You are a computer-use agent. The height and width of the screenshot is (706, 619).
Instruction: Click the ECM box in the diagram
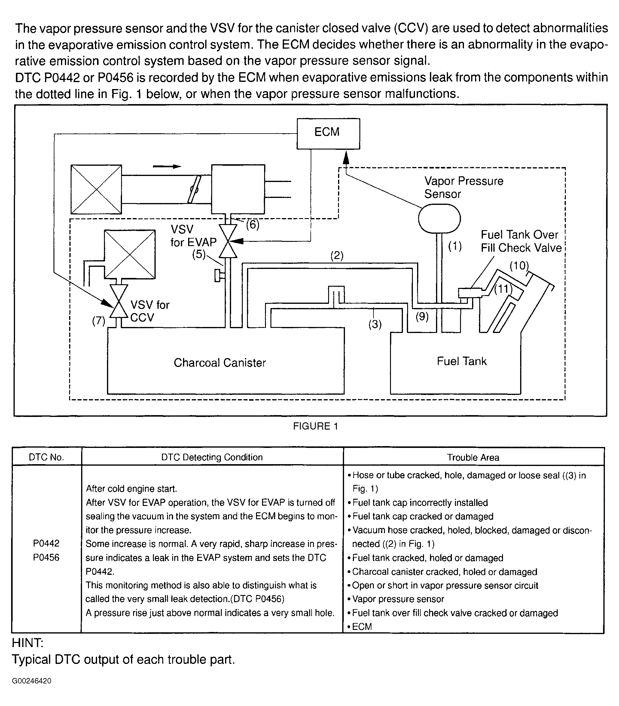pyautogui.click(x=328, y=133)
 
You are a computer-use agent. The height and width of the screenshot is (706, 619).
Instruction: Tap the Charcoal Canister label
pyautogui.click(x=220, y=363)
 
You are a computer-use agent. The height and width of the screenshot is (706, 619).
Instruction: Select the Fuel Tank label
pyautogui.click(x=462, y=361)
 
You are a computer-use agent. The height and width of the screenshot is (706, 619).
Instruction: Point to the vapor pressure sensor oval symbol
pyautogui.click(x=439, y=219)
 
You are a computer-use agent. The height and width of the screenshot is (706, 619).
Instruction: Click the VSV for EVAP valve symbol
pyautogui.click(x=228, y=241)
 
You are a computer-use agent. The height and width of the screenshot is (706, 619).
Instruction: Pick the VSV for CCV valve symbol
pyautogui.click(x=119, y=301)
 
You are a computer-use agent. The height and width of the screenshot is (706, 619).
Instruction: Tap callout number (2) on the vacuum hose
pyautogui.click(x=337, y=256)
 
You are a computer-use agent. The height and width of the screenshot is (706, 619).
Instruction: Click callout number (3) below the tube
pyautogui.click(x=375, y=324)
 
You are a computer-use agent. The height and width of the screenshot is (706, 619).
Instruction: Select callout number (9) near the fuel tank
pyautogui.click(x=422, y=316)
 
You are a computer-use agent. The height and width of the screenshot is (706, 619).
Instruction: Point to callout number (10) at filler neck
pyautogui.click(x=519, y=266)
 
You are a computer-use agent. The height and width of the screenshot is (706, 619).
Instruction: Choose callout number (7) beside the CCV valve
pyautogui.click(x=98, y=321)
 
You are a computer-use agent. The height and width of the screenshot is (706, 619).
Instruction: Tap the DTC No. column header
pyautogui.click(x=46, y=457)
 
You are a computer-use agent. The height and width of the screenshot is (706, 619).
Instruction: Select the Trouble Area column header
pyautogui.click(x=473, y=457)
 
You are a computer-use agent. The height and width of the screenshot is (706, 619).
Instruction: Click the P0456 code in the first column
pyautogui.click(x=46, y=557)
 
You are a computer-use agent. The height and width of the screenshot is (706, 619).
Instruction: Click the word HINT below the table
pyautogui.click(x=28, y=643)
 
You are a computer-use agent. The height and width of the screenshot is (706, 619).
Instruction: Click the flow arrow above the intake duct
pyautogui.click(x=167, y=166)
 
